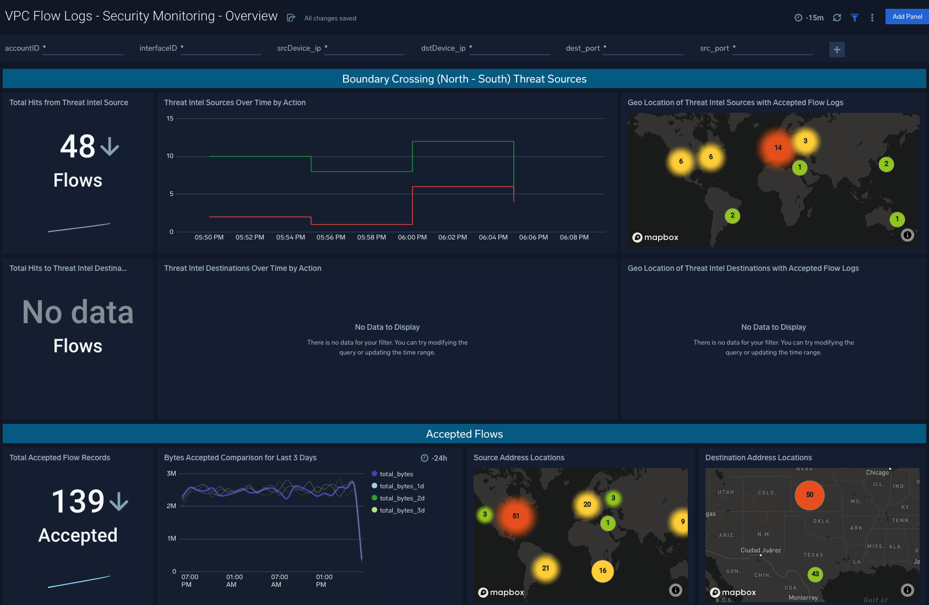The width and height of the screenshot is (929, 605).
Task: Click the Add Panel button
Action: pyautogui.click(x=906, y=17)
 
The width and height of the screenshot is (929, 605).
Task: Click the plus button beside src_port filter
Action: pyautogui.click(x=836, y=50)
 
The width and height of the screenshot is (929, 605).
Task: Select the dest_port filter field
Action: pyautogui.click(x=643, y=48)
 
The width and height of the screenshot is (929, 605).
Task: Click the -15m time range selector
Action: pyautogui.click(x=809, y=18)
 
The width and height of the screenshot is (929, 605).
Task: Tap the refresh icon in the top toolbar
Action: pyautogui.click(x=836, y=18)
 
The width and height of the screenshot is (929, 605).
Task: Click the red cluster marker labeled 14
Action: pyautogui.click(x=778, y=148)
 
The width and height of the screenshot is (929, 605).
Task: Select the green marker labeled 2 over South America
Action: pyautogui.click(x=732, y=216)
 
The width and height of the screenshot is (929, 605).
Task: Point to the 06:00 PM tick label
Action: pyautogui.click(x=412, y=237)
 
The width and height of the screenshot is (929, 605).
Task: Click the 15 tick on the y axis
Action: pyautogui.click(x=170, y=118)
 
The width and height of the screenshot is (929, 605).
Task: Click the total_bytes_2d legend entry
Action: pyautogui.click(x=401, y=498)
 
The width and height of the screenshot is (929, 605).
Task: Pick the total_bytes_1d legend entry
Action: pyautogui.click(x=401, y=486)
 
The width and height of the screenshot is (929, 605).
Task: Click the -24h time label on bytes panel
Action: pyautogui.click(x=434, y=458)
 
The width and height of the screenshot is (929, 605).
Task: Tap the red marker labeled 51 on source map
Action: pyautogui.click(x=515, y=516)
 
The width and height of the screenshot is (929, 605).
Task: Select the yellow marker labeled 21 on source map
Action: pyautogui.click(x=545, y=568)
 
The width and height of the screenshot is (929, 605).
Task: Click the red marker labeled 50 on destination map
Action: pyautogui.click(x=809, y=495)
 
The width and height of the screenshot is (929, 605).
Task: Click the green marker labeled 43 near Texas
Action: pyautogui.click(x=815, y=574)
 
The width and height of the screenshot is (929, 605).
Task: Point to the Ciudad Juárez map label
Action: pyautogui.click(x=760, y=550)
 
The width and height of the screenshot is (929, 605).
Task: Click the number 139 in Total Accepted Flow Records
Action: pyautogui.click(x=78, y=501)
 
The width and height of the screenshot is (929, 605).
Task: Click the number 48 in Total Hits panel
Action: pyautogui.click(x=78, y=146)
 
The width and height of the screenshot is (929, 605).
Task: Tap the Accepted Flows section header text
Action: pyautogui.click(x=464, y=434)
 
